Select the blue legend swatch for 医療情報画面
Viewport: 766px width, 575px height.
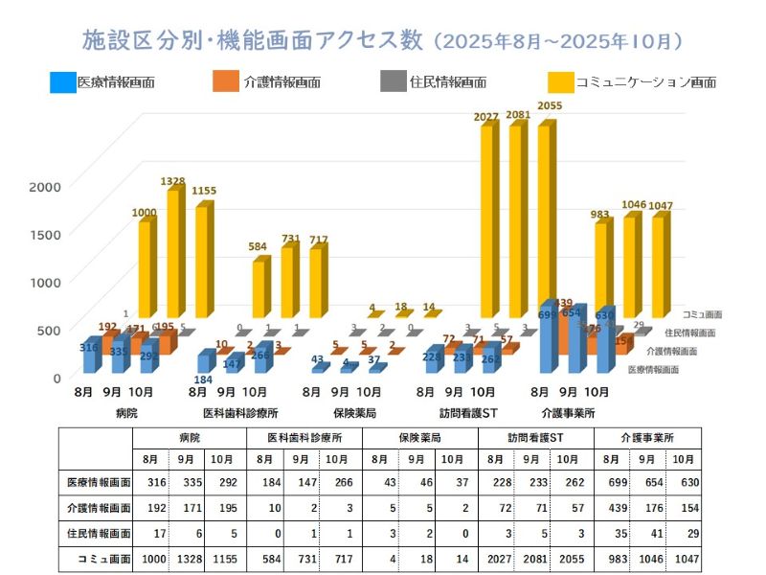[63, 81]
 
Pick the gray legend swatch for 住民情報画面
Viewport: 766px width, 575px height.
[393, 81]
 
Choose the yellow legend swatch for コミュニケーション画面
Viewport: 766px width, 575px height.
[560, 81]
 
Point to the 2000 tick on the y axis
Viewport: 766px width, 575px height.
[45, 186]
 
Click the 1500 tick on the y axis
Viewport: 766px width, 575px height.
[45, 233]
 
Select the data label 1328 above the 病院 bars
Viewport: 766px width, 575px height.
[173, 180]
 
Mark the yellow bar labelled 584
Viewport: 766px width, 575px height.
[259, 287]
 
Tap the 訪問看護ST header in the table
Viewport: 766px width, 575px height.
[536, 437]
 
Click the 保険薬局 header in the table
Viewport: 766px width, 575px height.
[420, 437]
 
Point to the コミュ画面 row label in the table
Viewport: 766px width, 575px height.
[97, 558]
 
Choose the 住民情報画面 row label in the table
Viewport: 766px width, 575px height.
[97, 533]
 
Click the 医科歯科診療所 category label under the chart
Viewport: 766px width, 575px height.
[240, 413]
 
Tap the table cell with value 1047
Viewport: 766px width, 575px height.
[681, 558]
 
